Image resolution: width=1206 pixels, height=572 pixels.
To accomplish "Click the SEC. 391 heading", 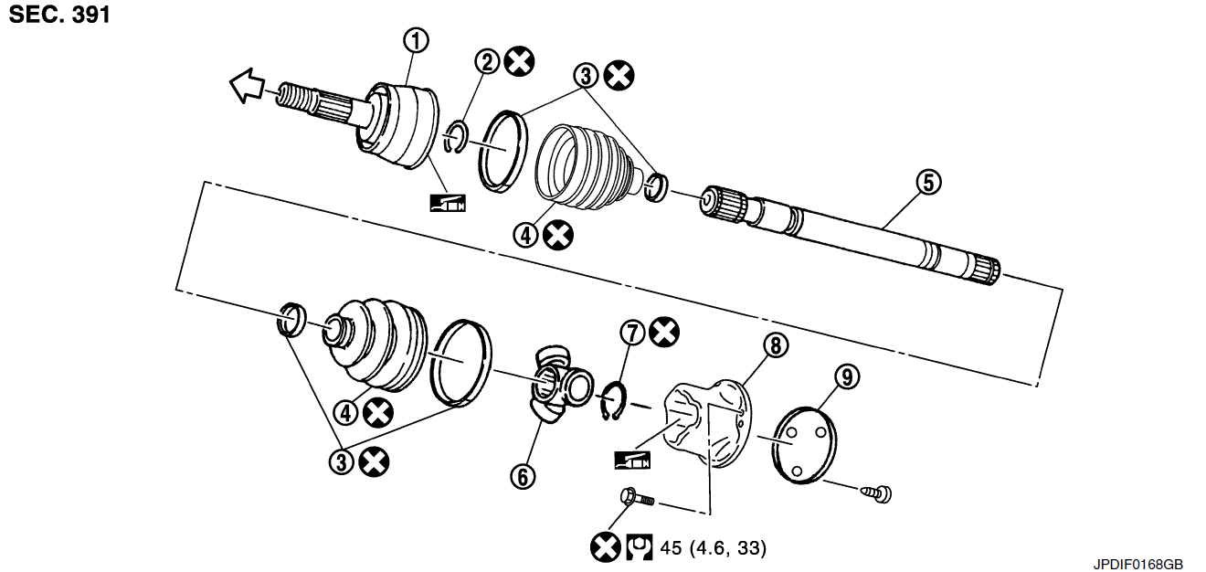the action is [x=59, y=15].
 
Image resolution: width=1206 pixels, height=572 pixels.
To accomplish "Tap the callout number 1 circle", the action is [x=417, y=41].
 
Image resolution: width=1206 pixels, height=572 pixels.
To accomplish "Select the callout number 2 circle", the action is [x=487, y=62].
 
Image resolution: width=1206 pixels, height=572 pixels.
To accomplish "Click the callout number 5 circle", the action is [x=929, y=182].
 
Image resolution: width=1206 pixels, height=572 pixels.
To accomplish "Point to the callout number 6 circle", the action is [x=523, y=476].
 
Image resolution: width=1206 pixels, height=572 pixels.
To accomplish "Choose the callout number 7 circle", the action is [x=632, y=333].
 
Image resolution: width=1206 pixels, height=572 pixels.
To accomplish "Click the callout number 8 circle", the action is [x=776, y=344].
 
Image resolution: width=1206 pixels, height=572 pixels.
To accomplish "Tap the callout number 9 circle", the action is [x=848, y=376].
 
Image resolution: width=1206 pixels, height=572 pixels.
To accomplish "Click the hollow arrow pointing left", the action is [x=248, y=85].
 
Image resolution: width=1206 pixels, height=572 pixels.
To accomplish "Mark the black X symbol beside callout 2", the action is [x=520, y=61].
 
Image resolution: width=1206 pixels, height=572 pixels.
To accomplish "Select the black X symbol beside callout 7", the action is [x=664, y=332].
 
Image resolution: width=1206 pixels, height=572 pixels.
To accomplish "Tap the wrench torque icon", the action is [x=639, y=547].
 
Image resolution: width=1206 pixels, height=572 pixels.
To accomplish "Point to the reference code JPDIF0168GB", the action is [x=1138, y=564].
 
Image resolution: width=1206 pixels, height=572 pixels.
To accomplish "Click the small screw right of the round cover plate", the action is [x=876, y=493].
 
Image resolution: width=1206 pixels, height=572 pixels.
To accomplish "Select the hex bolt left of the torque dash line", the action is [x=638, y=497].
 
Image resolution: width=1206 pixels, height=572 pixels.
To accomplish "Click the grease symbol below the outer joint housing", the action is [x=448, y=203].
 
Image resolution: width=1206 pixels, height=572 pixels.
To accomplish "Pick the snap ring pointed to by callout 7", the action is [x=613, y=401].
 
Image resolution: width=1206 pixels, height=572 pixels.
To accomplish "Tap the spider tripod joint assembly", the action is [x=561, y=385].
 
